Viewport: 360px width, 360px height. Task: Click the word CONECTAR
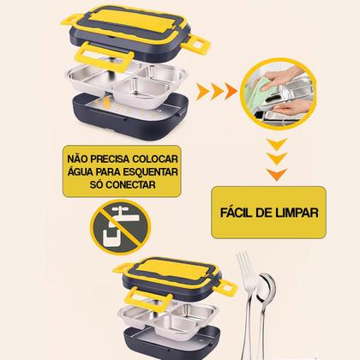click(130, 184)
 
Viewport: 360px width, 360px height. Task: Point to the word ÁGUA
click(80, 171)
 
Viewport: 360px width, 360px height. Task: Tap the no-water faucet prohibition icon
click(120, 227)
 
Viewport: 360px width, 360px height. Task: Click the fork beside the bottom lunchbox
click(246, 303)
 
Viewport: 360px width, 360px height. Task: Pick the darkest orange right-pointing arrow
click(231, 92)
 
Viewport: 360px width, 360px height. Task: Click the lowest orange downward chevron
click(277, 174)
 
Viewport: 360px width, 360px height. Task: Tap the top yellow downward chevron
click(277, 144)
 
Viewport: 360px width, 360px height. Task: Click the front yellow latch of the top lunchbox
click(105, 57)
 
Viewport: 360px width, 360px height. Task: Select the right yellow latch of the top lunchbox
click(196, 45)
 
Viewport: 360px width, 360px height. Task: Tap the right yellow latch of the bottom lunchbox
click(225, 288)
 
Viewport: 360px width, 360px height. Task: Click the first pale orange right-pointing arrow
click(203, 92)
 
